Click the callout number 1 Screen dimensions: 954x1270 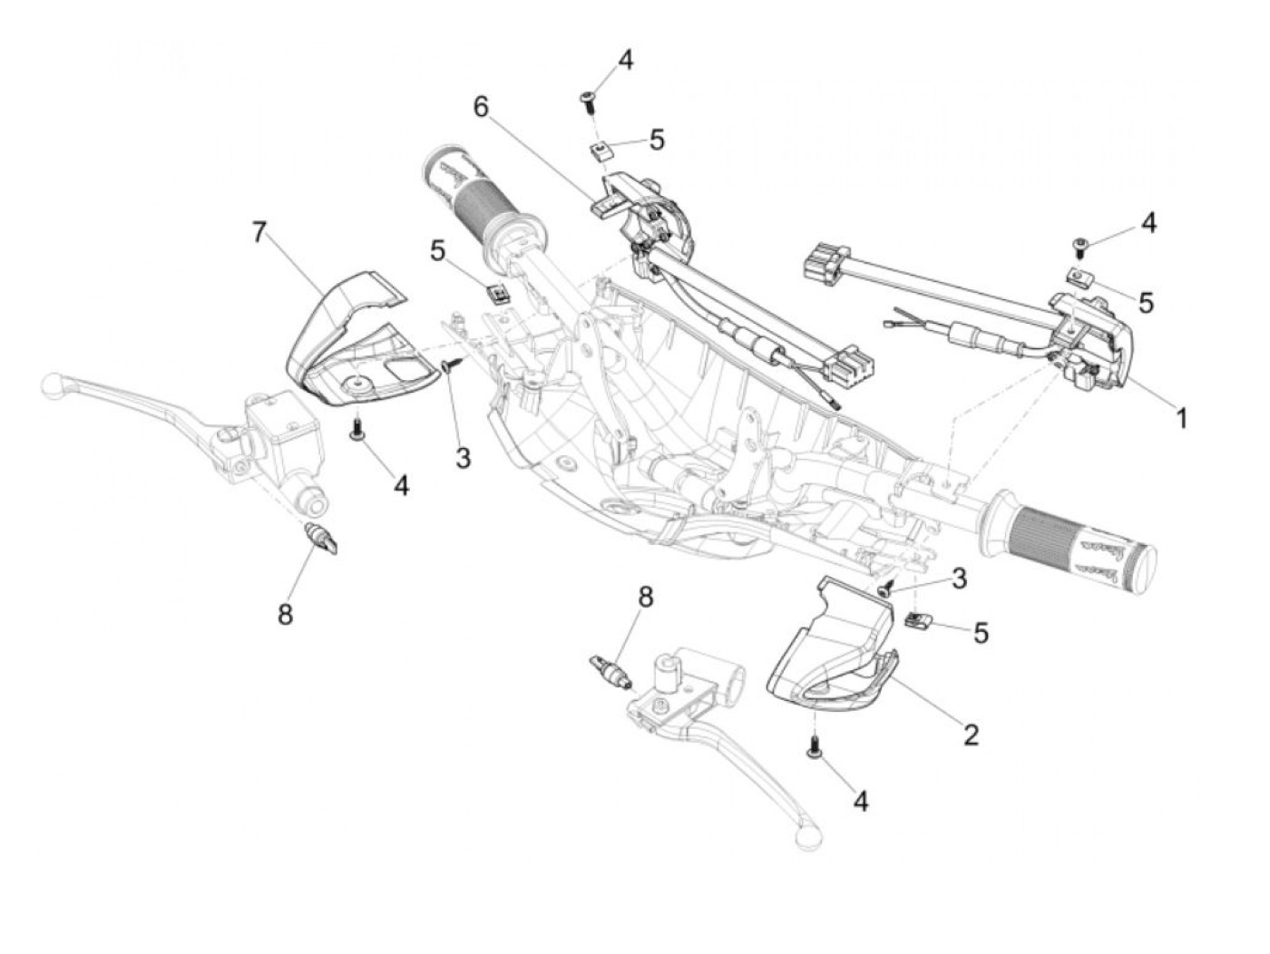click(1181, 418)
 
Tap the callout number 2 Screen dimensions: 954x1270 click(971, 735)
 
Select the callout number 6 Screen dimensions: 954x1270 click(480, 107)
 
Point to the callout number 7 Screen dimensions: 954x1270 click(259, 233)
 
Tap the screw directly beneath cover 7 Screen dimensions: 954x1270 click(357, 427)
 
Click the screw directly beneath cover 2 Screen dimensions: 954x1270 click(815, 745)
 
